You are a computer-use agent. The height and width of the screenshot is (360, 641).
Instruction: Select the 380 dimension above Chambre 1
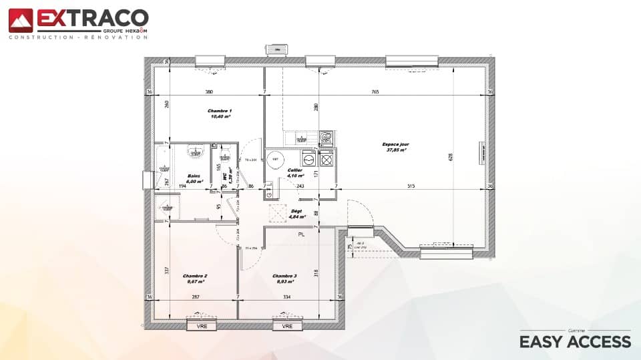208,92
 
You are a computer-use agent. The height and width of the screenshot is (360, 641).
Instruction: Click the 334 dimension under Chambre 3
287,297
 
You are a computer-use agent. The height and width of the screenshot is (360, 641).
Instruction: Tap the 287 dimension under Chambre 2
196,297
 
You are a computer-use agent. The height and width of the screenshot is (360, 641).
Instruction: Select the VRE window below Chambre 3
287,327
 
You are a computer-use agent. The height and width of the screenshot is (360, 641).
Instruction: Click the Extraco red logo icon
21,20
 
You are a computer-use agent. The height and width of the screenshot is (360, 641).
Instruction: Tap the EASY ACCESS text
575,341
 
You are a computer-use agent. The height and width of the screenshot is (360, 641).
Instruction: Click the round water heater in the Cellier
275,159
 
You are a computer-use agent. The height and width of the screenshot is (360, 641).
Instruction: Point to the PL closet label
302,235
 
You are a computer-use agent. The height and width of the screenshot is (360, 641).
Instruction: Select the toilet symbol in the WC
226,158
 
